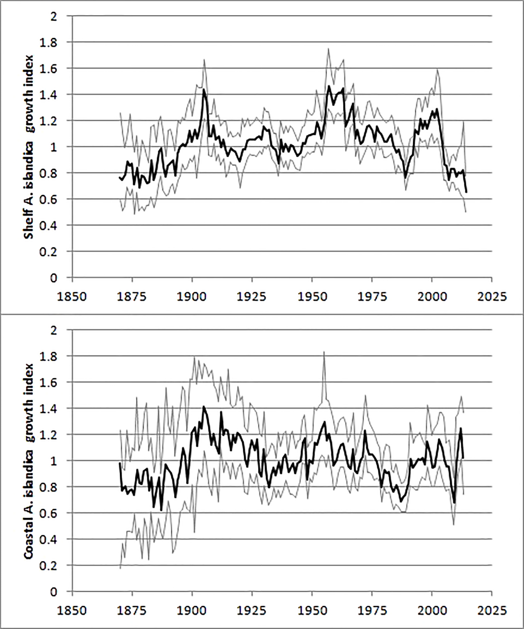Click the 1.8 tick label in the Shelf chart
click(49, 42)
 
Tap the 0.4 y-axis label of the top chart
click(49, 225)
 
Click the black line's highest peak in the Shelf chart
click(329, 86)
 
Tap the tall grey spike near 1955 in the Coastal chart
click(324, 352)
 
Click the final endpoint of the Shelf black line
click(466, 192)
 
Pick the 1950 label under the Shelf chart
click(312, 297)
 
